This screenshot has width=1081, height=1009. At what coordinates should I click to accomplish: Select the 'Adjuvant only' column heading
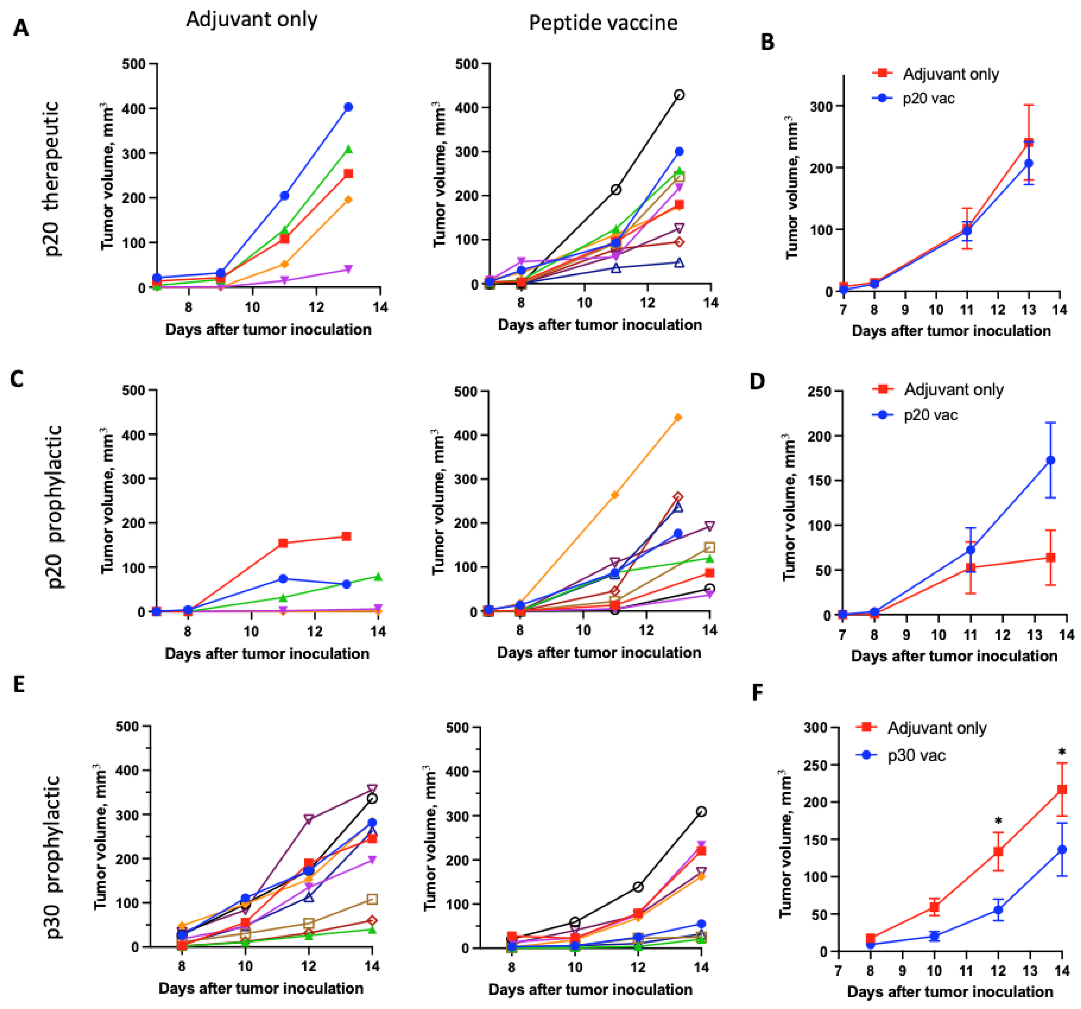pos(252,19)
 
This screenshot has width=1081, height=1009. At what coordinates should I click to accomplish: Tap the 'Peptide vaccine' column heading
pos(603,23)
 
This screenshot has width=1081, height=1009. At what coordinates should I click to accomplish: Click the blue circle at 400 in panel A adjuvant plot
pos(348,107)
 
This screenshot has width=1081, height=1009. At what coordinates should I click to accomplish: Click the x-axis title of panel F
pos(950,992)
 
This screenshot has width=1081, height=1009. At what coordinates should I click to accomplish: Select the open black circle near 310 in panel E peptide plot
pos(702,811)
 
